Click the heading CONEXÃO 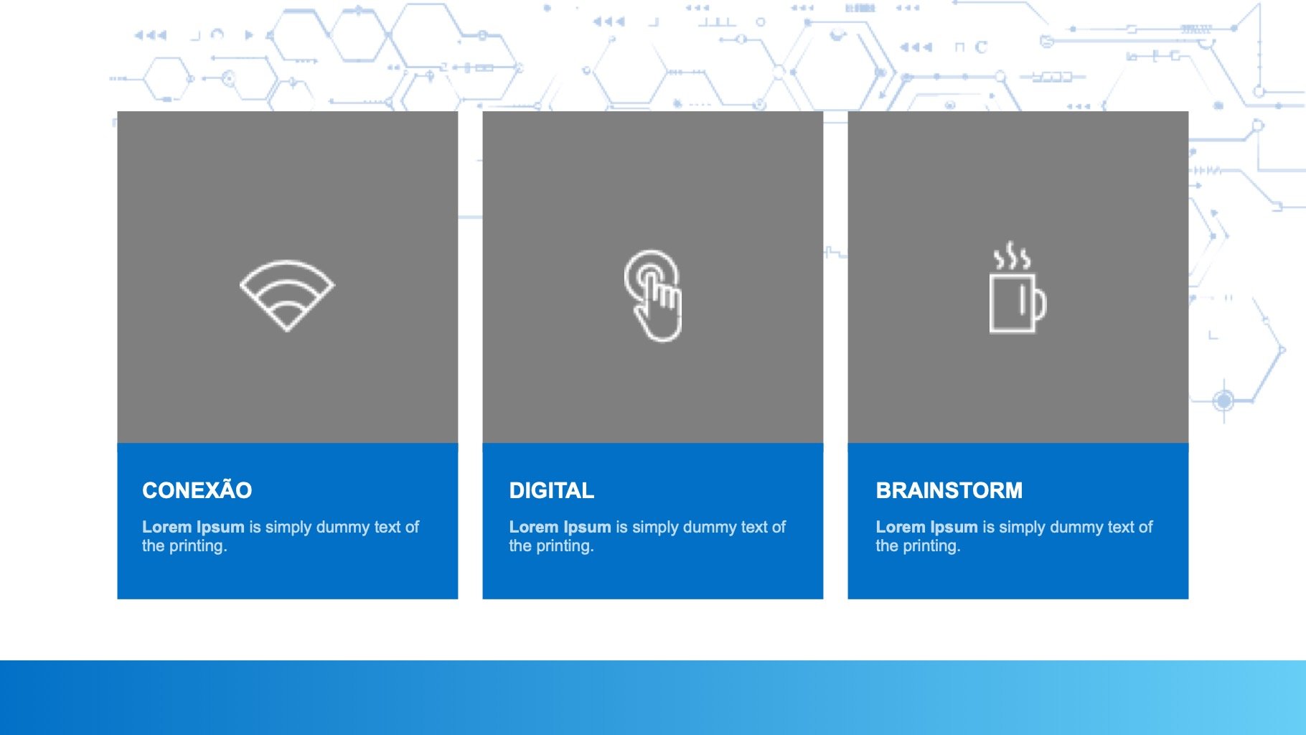[x=197, y=490]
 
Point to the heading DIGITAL [x=552, y=490]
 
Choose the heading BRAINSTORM [x=949, y=490]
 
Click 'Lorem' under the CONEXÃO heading [x=167, y=527]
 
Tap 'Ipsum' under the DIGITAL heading [x=587, y=528]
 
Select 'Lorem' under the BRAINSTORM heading [x=901, y=527]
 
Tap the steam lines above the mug [x=1012, y=256]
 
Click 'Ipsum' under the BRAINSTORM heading [x=954, y=528]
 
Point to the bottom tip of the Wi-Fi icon [x=287, y=331]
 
